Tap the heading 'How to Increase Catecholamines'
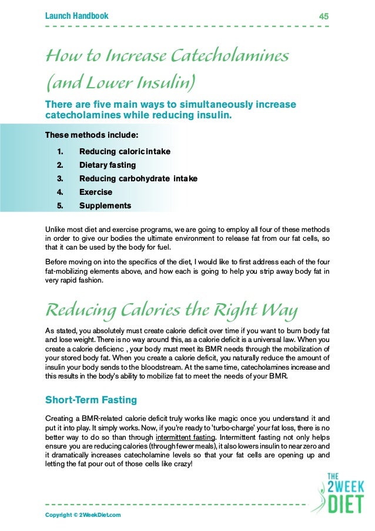coord(167,57)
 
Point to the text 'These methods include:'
coord(92,135)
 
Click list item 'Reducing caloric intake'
coord(125,151)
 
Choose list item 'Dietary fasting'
coord(108,165)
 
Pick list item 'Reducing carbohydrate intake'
coord(138,178)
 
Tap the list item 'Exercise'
coord(96,192)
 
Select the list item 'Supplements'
coord(105,205)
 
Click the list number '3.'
coord(60,178)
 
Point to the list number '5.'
coord(60,205)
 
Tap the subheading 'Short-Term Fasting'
coord(91,400)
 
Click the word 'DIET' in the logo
coord(345,504)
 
